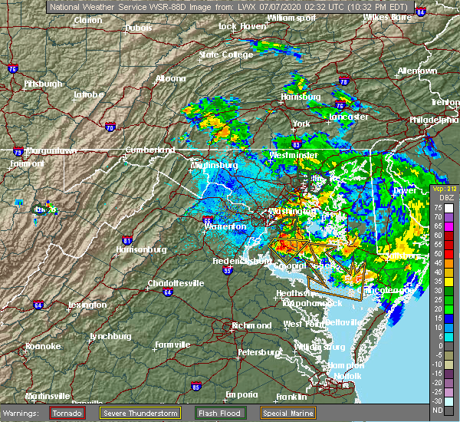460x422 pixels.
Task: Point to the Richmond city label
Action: [x=252, y=325]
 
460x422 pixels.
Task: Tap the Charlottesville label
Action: [x=176, y=283]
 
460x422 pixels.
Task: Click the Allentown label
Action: [x=417, y=71]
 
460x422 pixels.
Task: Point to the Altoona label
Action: [x=169, y=78]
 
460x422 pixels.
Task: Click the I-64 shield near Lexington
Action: [x=38, y=305]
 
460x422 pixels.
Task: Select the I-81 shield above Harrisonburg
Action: [x=128, y=240]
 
